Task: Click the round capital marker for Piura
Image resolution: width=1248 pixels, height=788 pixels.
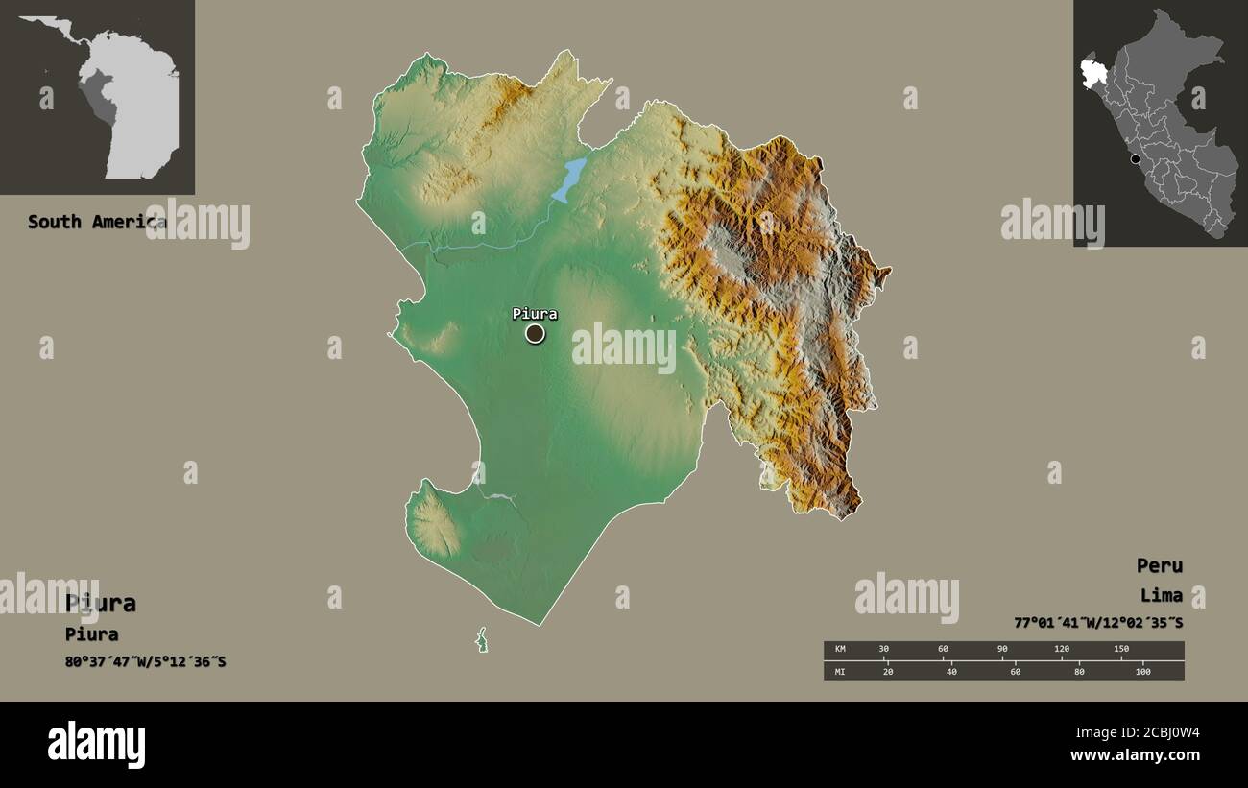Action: point(535,333)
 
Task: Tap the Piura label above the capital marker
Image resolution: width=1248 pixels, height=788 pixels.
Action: point(534,313)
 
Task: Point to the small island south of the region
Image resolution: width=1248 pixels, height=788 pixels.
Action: point(482,640)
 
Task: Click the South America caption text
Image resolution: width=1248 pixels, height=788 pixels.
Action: point(96,222)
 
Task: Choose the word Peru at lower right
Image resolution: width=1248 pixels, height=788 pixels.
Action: point(1160,565)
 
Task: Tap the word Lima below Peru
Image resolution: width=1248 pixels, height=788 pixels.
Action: point(1162,595)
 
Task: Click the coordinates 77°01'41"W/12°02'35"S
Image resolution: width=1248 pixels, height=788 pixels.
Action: point(1098,623)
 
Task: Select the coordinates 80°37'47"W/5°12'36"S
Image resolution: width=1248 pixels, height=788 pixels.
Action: point(146,661)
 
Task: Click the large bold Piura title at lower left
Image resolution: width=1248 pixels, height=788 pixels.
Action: point(101,603)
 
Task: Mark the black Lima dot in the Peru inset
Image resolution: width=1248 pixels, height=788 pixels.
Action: point(1136,159)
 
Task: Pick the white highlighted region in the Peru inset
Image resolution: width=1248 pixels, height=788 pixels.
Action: point(1093,73)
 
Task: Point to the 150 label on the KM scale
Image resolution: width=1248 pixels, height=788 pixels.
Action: point(1120,650)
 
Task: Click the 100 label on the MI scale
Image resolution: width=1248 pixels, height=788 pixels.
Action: point(1142,671)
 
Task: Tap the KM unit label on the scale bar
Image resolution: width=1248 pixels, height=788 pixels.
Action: point(840,650)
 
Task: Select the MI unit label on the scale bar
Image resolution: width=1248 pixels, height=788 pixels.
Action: point(840,671)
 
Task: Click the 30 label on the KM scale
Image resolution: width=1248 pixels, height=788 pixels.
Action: point(883,650)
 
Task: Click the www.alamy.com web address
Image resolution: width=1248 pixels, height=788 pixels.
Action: point(1135,755)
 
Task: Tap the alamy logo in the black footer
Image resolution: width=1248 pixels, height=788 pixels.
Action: point(96,745)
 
